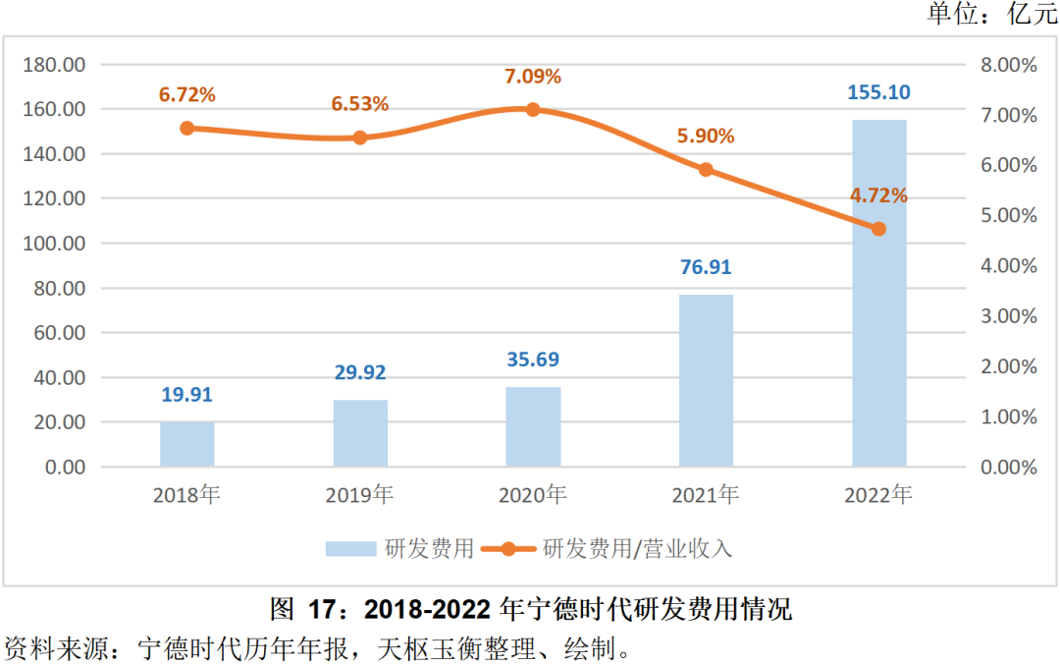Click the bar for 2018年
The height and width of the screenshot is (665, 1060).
pyautogui.click(x=186, y=444)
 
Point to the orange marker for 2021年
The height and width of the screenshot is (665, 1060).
pyautogui.click(x=706, y=170)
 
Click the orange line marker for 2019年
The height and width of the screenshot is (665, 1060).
pyautogui.click(x=360, y=138)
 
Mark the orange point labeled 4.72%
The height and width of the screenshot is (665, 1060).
pyautogui.click(x=878, y=229)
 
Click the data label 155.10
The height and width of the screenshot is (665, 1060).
pyautogui.click(x=878, y=93)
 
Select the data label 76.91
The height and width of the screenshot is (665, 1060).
pyautogui.click(x=706, y=267)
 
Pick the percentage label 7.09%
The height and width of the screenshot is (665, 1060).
pyautogui.click(x=533, y=77)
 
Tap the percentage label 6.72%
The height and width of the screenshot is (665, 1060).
pyautogui.click(x=186, y=95)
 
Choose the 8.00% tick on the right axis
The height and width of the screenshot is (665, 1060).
pyautogui.click(x=1009, y=65)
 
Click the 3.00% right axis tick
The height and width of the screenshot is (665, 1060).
pyautogui.click(x=1009, y=316)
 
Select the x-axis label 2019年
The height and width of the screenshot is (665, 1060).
pyautogui.click(x=360, y=495)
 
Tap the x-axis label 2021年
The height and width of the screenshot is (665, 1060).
pyautogui.click(x=706, y=495)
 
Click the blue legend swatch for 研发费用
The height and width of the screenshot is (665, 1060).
pyautogui.click(x=351, y=548)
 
